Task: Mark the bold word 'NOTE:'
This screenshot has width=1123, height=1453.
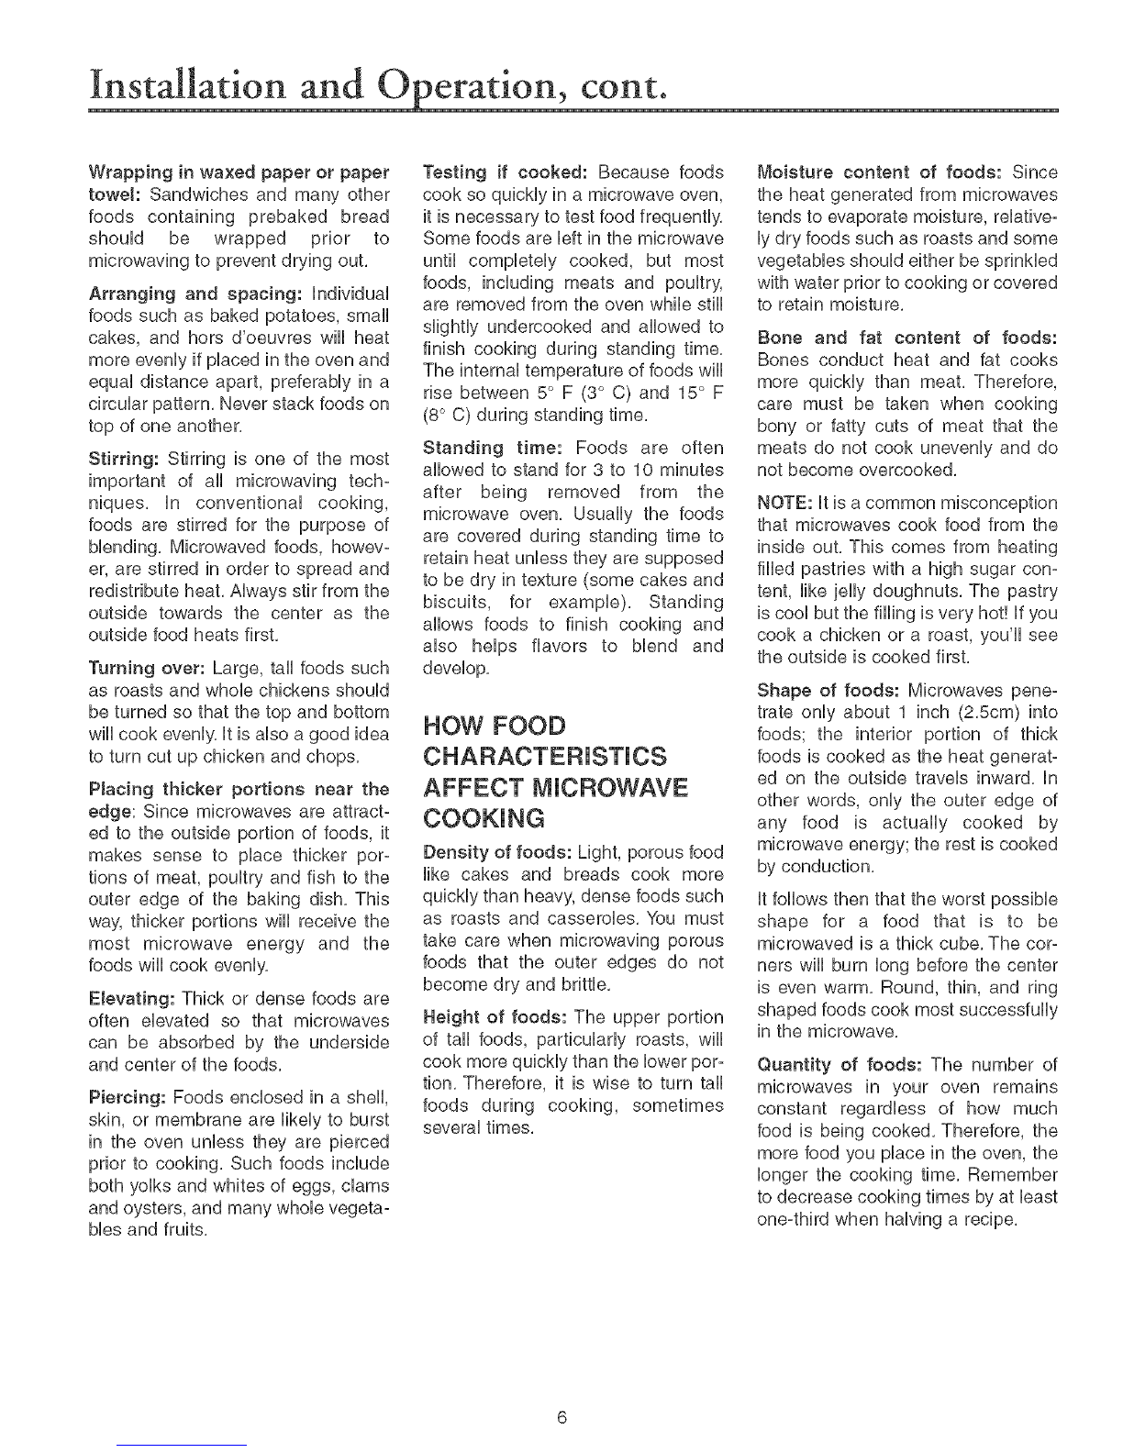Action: (783, 503)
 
